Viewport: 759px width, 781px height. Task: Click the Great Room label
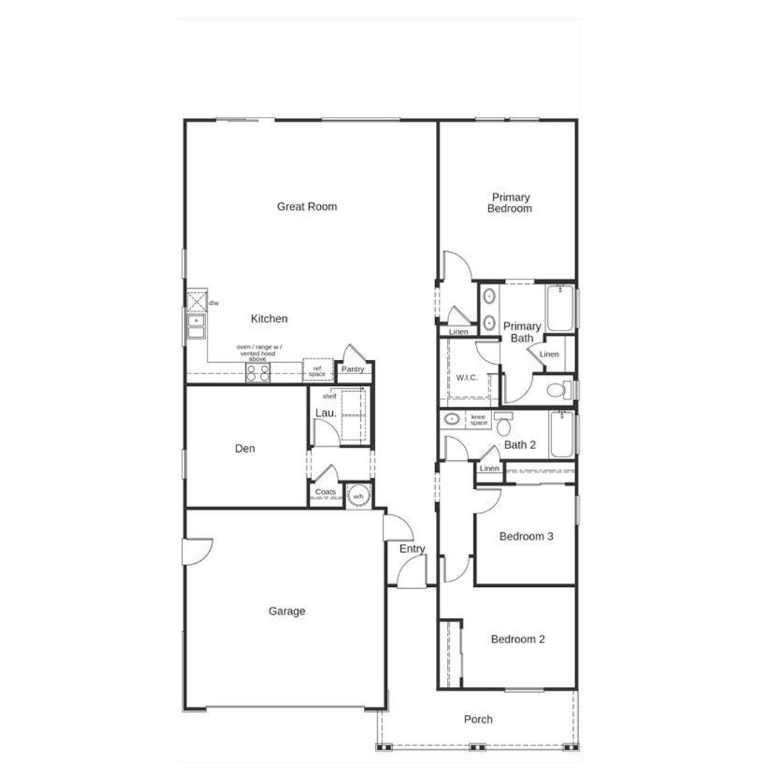(306, 207)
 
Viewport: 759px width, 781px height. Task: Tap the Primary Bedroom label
(510, 203)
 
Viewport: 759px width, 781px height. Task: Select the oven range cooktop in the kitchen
(258, 373)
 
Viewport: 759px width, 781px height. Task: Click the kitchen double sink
(196, 327)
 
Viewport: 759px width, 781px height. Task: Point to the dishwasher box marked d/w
(196, 302)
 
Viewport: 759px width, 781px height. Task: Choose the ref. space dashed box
(317, 370)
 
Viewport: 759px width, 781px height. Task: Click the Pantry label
(353, 369)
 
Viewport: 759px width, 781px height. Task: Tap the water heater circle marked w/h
(358, 496)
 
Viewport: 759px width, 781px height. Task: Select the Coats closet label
(325, 491)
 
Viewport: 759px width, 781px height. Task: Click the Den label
(245, 449)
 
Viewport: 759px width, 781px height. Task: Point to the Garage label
(287, 611)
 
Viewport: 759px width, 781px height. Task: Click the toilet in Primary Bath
(559, 390)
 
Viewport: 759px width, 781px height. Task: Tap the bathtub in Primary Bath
(560, 308)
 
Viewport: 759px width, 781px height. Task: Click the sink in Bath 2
(452, 419)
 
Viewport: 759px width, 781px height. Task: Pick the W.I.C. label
(467, 378)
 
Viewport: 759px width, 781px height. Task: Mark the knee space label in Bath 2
(478, 420)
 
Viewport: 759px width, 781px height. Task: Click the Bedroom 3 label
(526, 536)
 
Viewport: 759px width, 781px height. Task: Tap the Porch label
(478, 719)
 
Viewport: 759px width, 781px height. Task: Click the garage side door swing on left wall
(198, 552)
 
